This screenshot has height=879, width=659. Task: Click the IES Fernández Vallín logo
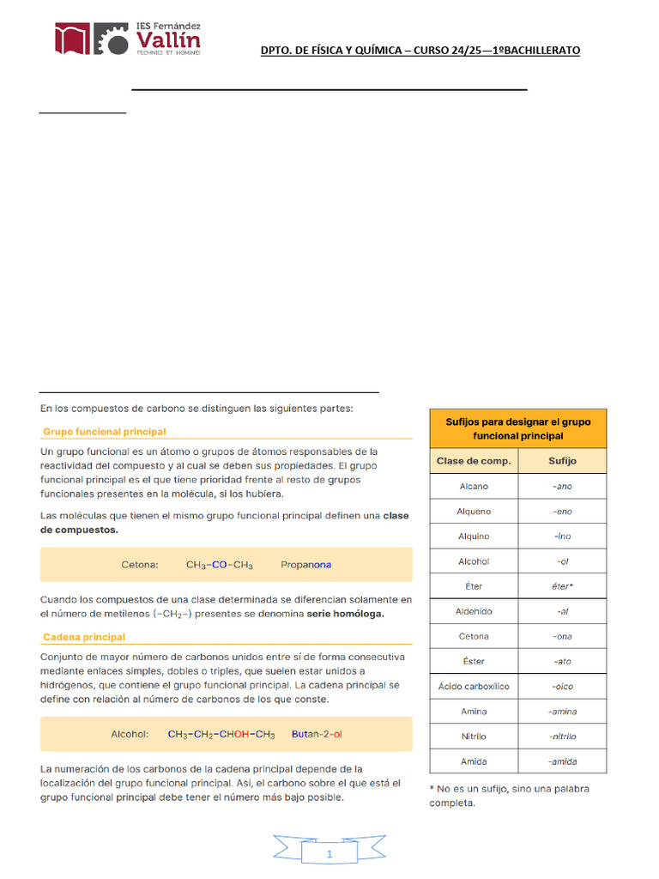tap(128, 40)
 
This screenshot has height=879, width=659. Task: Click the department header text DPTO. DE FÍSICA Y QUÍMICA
tap(420, 51)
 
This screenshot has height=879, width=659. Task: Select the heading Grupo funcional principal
tap(104, 432)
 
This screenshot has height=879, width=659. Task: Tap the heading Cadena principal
tap(83, 637)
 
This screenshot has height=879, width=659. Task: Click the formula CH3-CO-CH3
tap(220, 565)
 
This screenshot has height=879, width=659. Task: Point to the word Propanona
tap(305, 565)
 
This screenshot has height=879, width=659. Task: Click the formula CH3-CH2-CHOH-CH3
tap(221, 734)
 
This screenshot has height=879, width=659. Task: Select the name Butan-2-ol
tap(317, 734)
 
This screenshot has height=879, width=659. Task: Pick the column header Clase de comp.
tap(474, 461)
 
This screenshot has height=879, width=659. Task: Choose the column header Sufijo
tap(562, 461)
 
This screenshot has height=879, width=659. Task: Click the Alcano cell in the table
tap(474, 486)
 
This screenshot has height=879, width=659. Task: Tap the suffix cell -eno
tap(562, 512)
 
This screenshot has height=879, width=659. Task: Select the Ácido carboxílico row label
tap(474, 687)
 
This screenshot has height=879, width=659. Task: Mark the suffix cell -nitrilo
tap(562, 737)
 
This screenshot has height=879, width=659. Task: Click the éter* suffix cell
tap(562, 586)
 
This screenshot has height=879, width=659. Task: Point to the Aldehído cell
tap(474, 612)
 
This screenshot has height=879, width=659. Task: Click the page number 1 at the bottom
tap(329, 855)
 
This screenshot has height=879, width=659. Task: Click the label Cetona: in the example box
tap(140, 565)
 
